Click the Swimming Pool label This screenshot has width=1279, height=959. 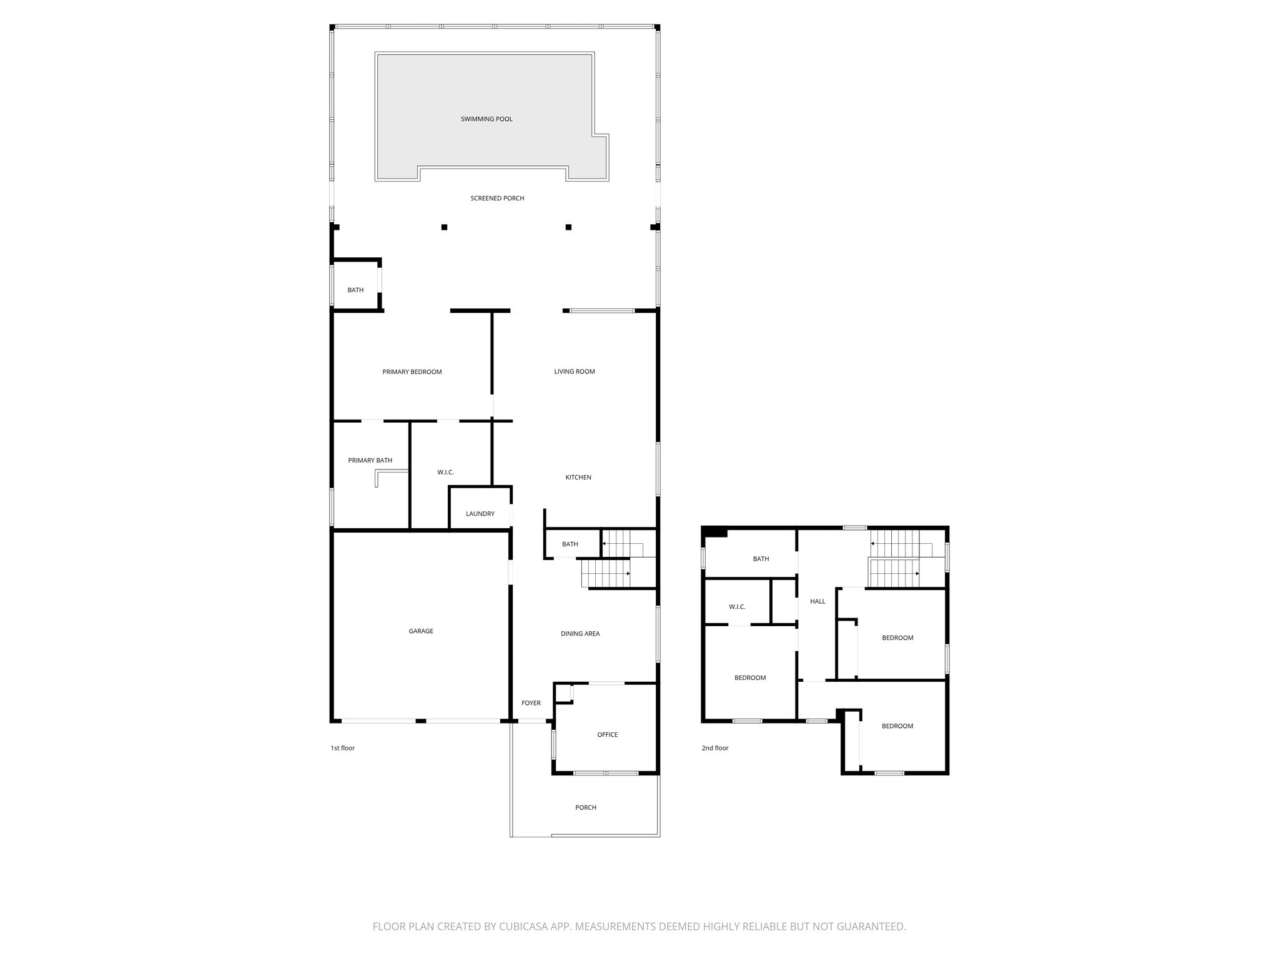click(x=486, y=119)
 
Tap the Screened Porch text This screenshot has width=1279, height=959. click(x=497, y=199)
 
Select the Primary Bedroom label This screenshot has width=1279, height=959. click(x=412, y=372)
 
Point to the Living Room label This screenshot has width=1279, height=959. click(x=574, y=371)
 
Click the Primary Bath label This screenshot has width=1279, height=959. click(x=370, y=461)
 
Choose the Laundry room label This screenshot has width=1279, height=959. click(x=480, y=514)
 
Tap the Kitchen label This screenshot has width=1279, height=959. click(x=578, y=478)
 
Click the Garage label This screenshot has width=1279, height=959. click(x=420, y=631)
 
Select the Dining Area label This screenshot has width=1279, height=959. click(x=580, y=634)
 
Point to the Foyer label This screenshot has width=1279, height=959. click(x=531, y=703)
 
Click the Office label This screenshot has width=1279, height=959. click(x=607, y=735)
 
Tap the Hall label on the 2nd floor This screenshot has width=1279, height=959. click(x=817, y=602)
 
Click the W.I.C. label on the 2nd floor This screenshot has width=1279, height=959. click(x=737, y=607)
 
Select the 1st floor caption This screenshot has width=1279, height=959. click(x=342, y=748)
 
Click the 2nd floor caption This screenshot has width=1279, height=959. click(x=714, y=748)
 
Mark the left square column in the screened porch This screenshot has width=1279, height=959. click(x=444, y=227)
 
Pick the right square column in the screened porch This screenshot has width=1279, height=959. click(x=568, y=227)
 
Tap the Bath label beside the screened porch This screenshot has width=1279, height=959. click(x=355, y=290)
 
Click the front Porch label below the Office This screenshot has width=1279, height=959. click(x=585, y=808)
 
